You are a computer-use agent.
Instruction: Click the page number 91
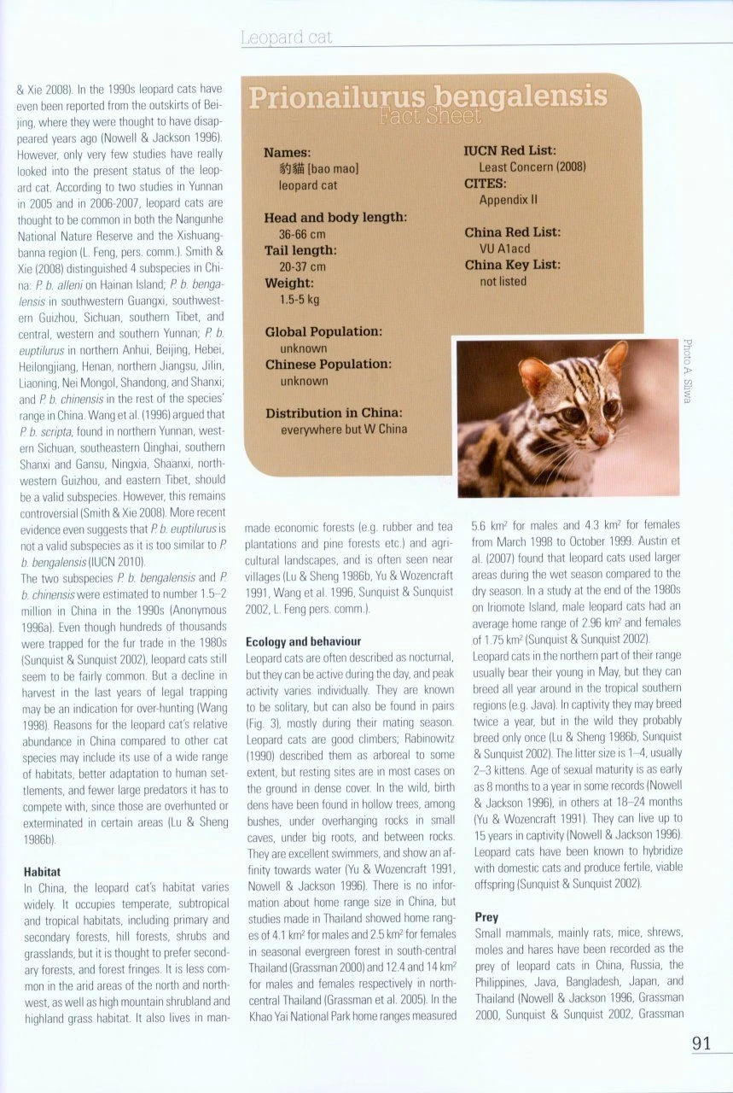click(x=702, y=1043)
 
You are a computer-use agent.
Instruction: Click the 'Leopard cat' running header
click(x=286, y=38)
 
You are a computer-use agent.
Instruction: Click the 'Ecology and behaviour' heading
click(x=303, y=641)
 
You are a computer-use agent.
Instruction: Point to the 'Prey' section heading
click(x=486, y=917)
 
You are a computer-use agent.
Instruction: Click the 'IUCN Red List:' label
click(x=509, y=151)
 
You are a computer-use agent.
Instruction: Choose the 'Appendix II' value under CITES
click(x=509, y=200)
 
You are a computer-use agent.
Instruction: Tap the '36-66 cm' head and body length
click(x=302, y=234)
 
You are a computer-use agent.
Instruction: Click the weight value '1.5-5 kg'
click(x=300, y=299)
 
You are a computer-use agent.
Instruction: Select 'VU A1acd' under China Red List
click(x=504, y=248)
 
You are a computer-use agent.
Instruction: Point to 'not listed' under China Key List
click(x=503, y=281)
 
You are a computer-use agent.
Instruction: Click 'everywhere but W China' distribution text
click(x=344, y=430)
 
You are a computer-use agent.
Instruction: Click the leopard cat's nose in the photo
click(x=599, y=440)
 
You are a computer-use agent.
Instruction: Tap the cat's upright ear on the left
click(x=535, y=374)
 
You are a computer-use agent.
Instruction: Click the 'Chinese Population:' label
click(x=329, y=365)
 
